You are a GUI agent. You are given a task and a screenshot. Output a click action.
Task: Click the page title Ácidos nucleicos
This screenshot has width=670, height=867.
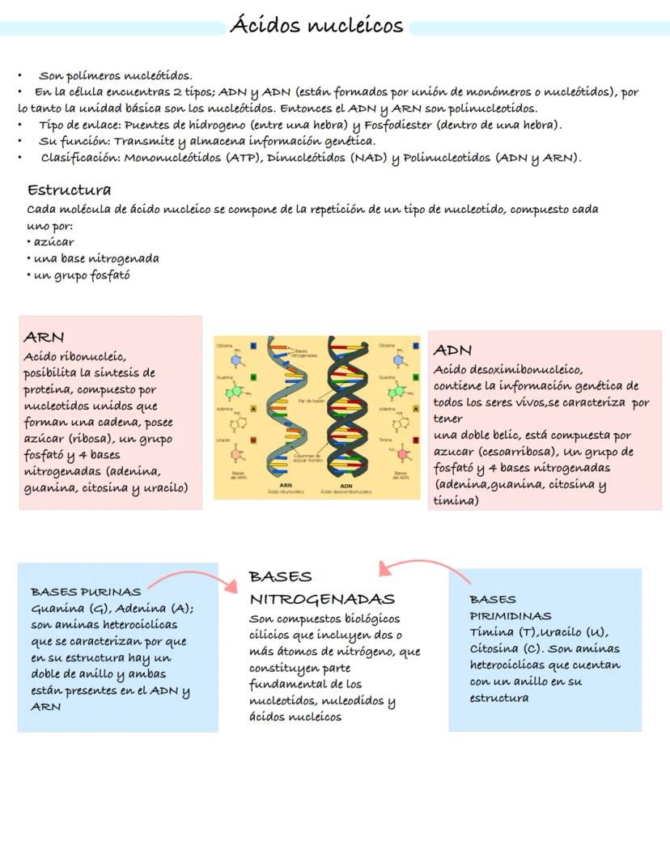pos(316,26)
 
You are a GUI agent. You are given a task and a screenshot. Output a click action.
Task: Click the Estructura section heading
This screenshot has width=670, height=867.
pos(69,190)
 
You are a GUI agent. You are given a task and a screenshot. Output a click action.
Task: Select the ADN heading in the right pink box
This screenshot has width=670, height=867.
pos(452,351)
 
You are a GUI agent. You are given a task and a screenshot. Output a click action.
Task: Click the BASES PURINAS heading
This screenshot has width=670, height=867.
pos(85,592)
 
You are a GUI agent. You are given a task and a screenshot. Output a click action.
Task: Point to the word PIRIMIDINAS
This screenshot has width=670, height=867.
pos(510,615)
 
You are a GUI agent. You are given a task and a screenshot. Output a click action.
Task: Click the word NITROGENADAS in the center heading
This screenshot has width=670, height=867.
pos(321,600)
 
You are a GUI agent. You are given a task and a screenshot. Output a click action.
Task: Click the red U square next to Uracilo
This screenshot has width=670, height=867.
pos(253,440)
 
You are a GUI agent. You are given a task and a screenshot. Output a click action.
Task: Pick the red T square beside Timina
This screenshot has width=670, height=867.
pos(415,440)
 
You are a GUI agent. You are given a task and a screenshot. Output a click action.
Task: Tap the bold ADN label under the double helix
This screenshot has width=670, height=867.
pos(346,486)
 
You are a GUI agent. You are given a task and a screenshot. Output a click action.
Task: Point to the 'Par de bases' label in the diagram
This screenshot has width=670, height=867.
pos(311,401)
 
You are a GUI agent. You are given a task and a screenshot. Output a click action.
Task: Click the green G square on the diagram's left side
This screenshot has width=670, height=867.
pos(253,377)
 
